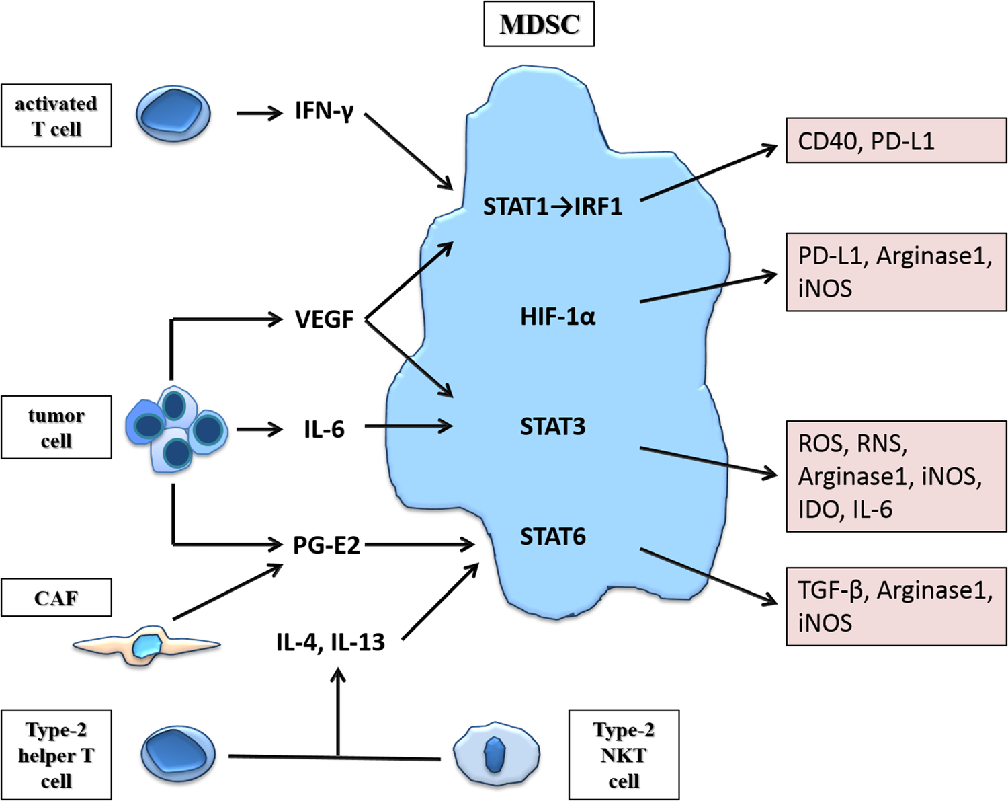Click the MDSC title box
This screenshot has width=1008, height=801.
(x=539, y=25)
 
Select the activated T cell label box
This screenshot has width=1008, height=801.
(x=56, y=116)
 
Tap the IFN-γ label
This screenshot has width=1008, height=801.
(x=324, y=111)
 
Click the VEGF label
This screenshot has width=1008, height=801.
(x=324, y=319)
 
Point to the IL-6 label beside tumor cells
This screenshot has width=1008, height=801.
(x=324, y=428)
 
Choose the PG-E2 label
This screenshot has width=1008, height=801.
(x=327, y=545)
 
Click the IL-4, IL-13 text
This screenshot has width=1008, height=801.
(x=330, y=642)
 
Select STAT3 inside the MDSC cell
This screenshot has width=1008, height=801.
(x=552, y=426)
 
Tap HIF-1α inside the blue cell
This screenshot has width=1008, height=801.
(x=558, y=316)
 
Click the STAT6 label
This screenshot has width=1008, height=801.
(x=552, y=537)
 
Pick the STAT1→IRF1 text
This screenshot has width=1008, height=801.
(x=552, y=206)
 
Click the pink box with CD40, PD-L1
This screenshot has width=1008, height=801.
(x=896, y=141)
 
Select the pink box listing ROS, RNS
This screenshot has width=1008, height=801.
(x=896, y=476)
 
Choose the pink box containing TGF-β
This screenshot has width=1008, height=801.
(x=896, y=606)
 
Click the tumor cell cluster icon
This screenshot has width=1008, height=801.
(x=176, y=429)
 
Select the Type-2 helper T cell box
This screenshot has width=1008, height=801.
(x=56, y=755)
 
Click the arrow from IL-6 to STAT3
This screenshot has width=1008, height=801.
(x=407, y=426)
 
